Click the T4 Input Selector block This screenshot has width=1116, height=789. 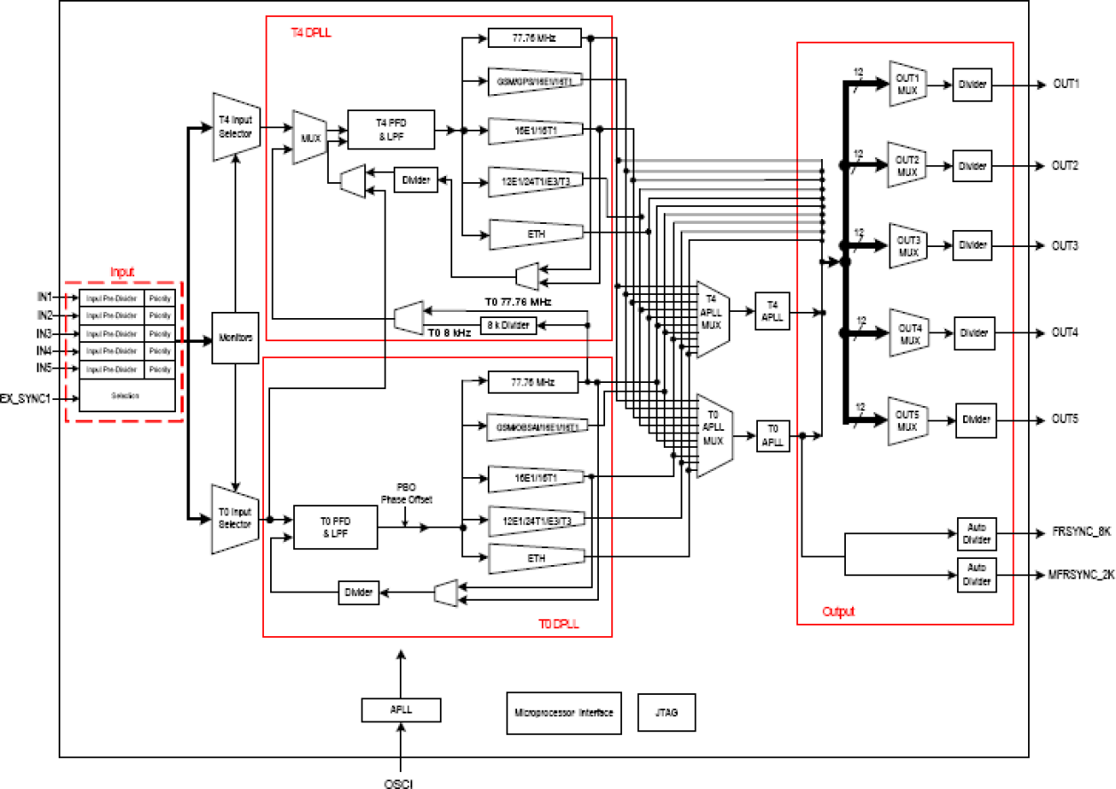235,127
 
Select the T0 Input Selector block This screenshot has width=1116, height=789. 235,518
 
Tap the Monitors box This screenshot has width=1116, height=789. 235,339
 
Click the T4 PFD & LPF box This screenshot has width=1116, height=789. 390,130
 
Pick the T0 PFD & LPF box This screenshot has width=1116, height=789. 335,527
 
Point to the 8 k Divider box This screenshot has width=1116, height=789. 508,325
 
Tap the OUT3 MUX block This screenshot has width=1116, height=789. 907,246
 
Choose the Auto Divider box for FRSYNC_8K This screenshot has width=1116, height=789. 976,533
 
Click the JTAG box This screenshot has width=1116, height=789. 666,713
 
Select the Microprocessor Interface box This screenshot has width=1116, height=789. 563,713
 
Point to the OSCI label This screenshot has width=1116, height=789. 400,782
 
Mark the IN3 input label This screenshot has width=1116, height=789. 44,333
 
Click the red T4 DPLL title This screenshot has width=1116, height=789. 311,33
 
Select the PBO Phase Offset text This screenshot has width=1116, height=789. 406,494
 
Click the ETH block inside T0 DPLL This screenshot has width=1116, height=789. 535,556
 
